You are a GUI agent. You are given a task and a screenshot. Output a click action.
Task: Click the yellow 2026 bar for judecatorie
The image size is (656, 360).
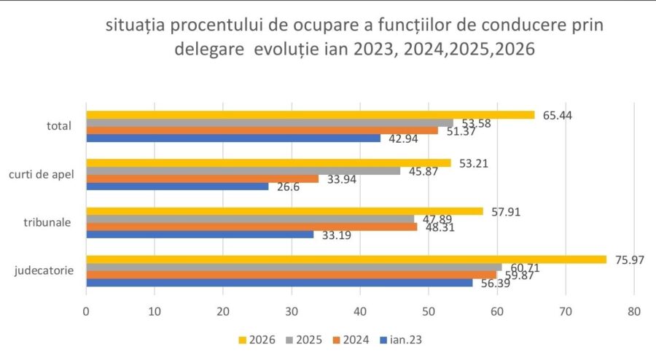click(346, 259)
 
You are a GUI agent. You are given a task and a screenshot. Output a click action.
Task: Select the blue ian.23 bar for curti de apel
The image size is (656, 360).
click(177, 187)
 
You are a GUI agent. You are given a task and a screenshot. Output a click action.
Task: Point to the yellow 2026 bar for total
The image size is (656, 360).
click(311, 114)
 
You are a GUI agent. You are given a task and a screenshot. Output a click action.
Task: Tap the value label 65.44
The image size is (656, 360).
click(558, 114)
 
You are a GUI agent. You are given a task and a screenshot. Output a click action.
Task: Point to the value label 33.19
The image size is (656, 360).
click(336, 235)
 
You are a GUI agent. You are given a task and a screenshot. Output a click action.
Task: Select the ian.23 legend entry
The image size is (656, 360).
click(404, 339)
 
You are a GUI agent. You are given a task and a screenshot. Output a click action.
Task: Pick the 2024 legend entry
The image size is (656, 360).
click(354, 339)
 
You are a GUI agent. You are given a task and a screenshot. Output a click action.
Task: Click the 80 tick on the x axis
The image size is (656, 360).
click(634, 312)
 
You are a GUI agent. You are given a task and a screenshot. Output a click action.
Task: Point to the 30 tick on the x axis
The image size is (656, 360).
click(292, 312)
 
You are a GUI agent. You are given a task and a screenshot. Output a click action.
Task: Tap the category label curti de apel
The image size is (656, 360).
click(44, 175)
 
